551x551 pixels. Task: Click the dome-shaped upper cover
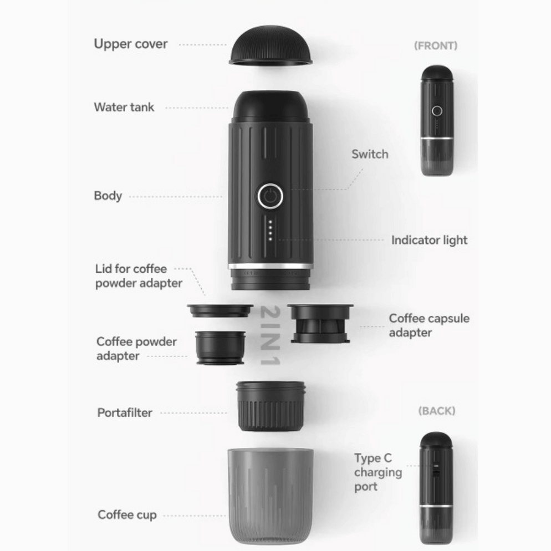271,45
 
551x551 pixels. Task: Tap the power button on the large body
270,196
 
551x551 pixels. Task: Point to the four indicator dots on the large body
270,231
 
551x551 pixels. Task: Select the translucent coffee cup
270,496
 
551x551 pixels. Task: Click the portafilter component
270,406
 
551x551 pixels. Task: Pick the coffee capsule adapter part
320,324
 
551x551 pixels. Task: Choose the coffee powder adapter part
220,348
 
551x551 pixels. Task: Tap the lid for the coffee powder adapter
220,311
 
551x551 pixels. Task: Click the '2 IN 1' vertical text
270,335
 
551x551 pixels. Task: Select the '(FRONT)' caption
436,45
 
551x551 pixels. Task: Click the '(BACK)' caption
437,411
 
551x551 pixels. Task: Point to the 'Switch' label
370,154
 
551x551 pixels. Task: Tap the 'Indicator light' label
429,240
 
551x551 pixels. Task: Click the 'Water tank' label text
124,107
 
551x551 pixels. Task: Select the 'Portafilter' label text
125,412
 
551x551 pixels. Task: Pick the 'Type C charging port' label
377,472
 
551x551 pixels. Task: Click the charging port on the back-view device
436,470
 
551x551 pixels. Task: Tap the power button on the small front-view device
437,111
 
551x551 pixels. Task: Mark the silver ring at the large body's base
270,266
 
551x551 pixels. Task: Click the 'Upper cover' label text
131,44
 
